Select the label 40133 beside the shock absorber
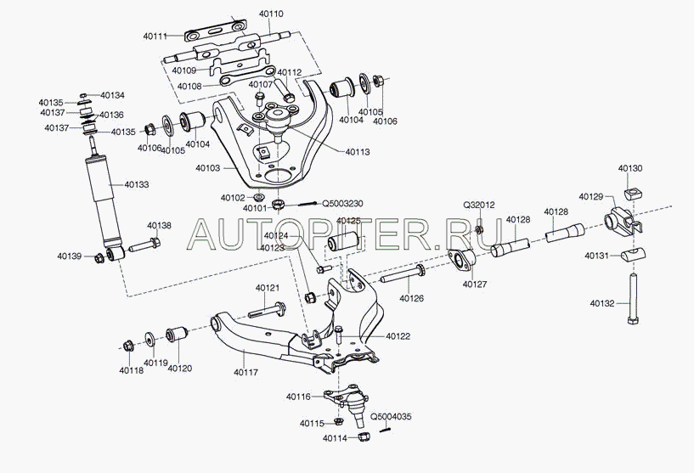point(136,184)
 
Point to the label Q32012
point(479,206)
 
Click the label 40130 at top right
point(629,169)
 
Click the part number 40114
point(335,438)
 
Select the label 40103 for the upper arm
point(208,169)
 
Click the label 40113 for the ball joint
point(358,152)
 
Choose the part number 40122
point(398,336)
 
